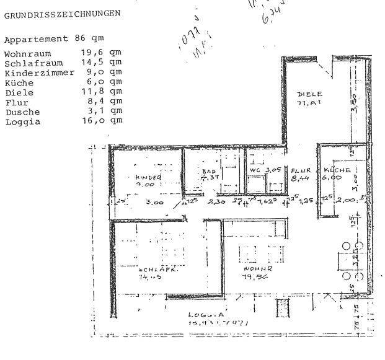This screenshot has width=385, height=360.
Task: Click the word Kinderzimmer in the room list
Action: [39, 72]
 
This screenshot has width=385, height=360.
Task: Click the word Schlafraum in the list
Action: [34, 63]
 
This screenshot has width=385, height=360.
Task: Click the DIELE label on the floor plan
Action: [310, 94]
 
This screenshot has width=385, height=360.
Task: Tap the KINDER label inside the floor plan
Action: [148, 177]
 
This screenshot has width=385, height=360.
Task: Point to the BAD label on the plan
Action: [208, 170]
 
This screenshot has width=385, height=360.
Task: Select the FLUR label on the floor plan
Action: [302, 170]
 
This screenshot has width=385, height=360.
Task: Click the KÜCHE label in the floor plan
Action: [337, 170]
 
